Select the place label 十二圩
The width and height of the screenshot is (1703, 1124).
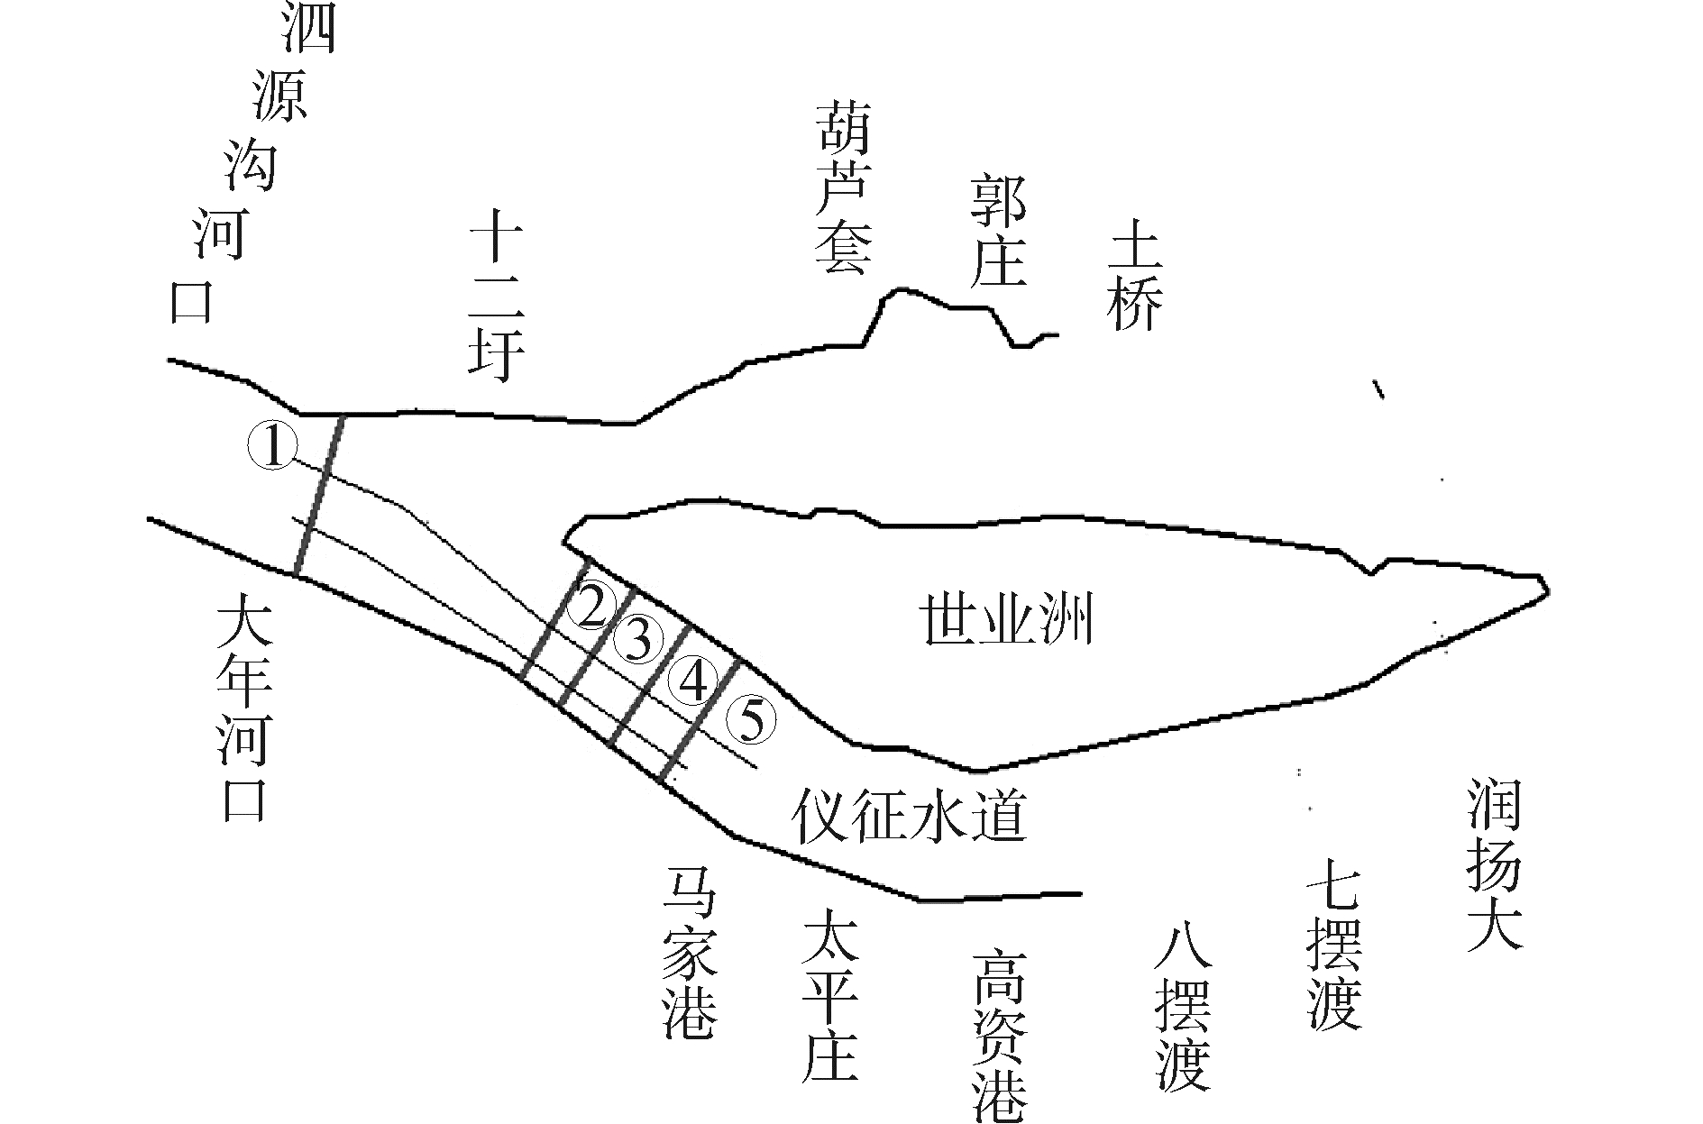coord(496,302)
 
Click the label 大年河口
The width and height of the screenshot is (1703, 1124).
coord(244,712)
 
